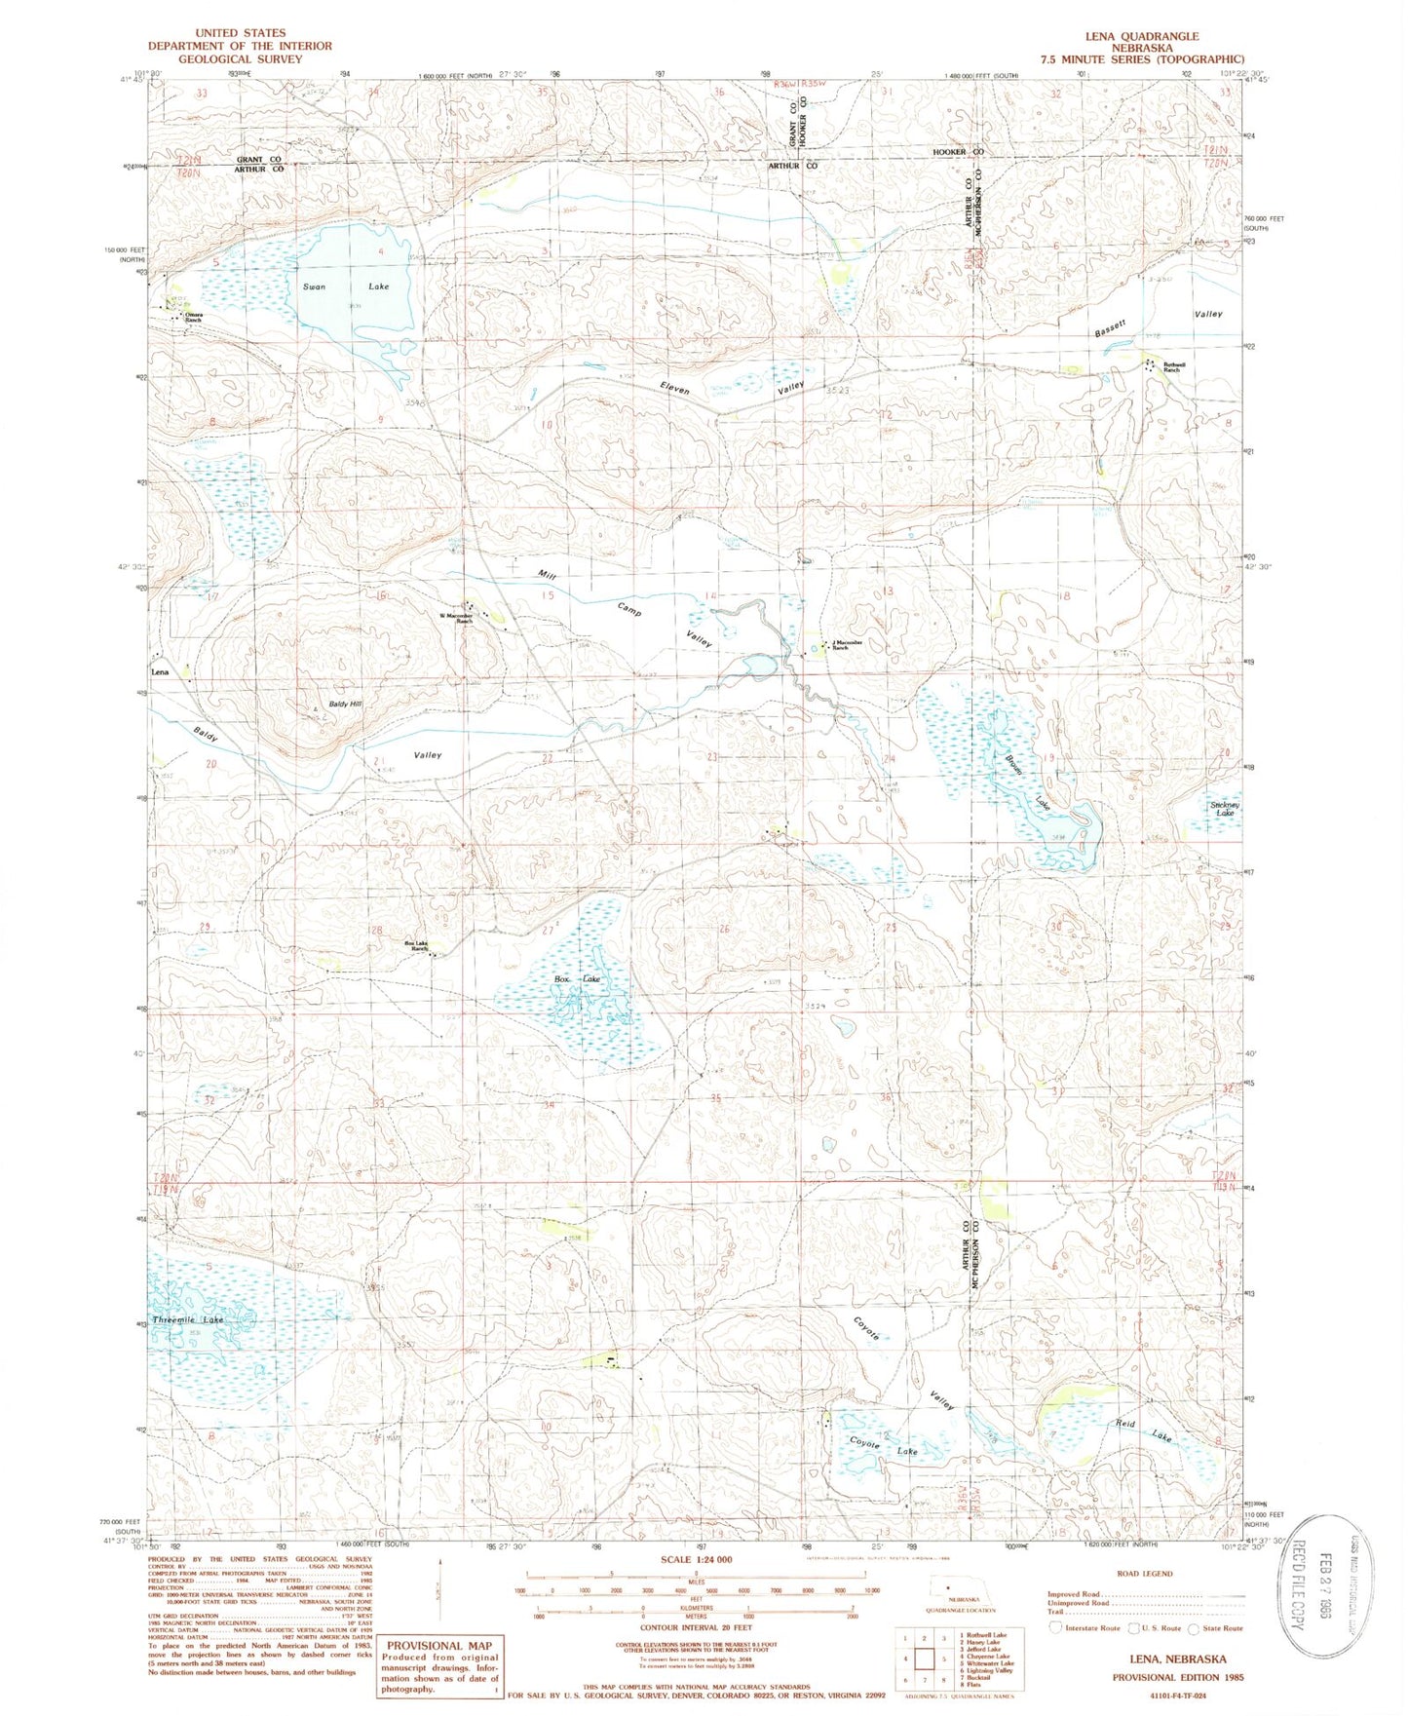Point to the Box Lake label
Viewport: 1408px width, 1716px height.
(577, 978)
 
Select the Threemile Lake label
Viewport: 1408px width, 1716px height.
(188, 1319)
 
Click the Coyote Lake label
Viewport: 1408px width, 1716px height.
(883, 1448)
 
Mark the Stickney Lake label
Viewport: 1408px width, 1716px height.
(1224, 809)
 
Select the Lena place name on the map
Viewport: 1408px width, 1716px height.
(159, 672)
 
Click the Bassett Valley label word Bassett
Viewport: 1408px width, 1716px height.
(1110, 328)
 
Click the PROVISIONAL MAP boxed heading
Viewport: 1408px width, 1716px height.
(439, 1645)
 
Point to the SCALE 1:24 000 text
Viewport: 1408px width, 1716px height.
(696, 1560)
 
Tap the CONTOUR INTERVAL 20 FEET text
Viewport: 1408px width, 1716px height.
(696, 1627)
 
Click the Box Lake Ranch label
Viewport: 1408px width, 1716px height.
(417, 946)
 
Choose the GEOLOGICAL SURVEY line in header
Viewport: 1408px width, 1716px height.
(239, 58)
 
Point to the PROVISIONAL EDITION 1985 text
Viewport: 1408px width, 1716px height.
(1178, 1677)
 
